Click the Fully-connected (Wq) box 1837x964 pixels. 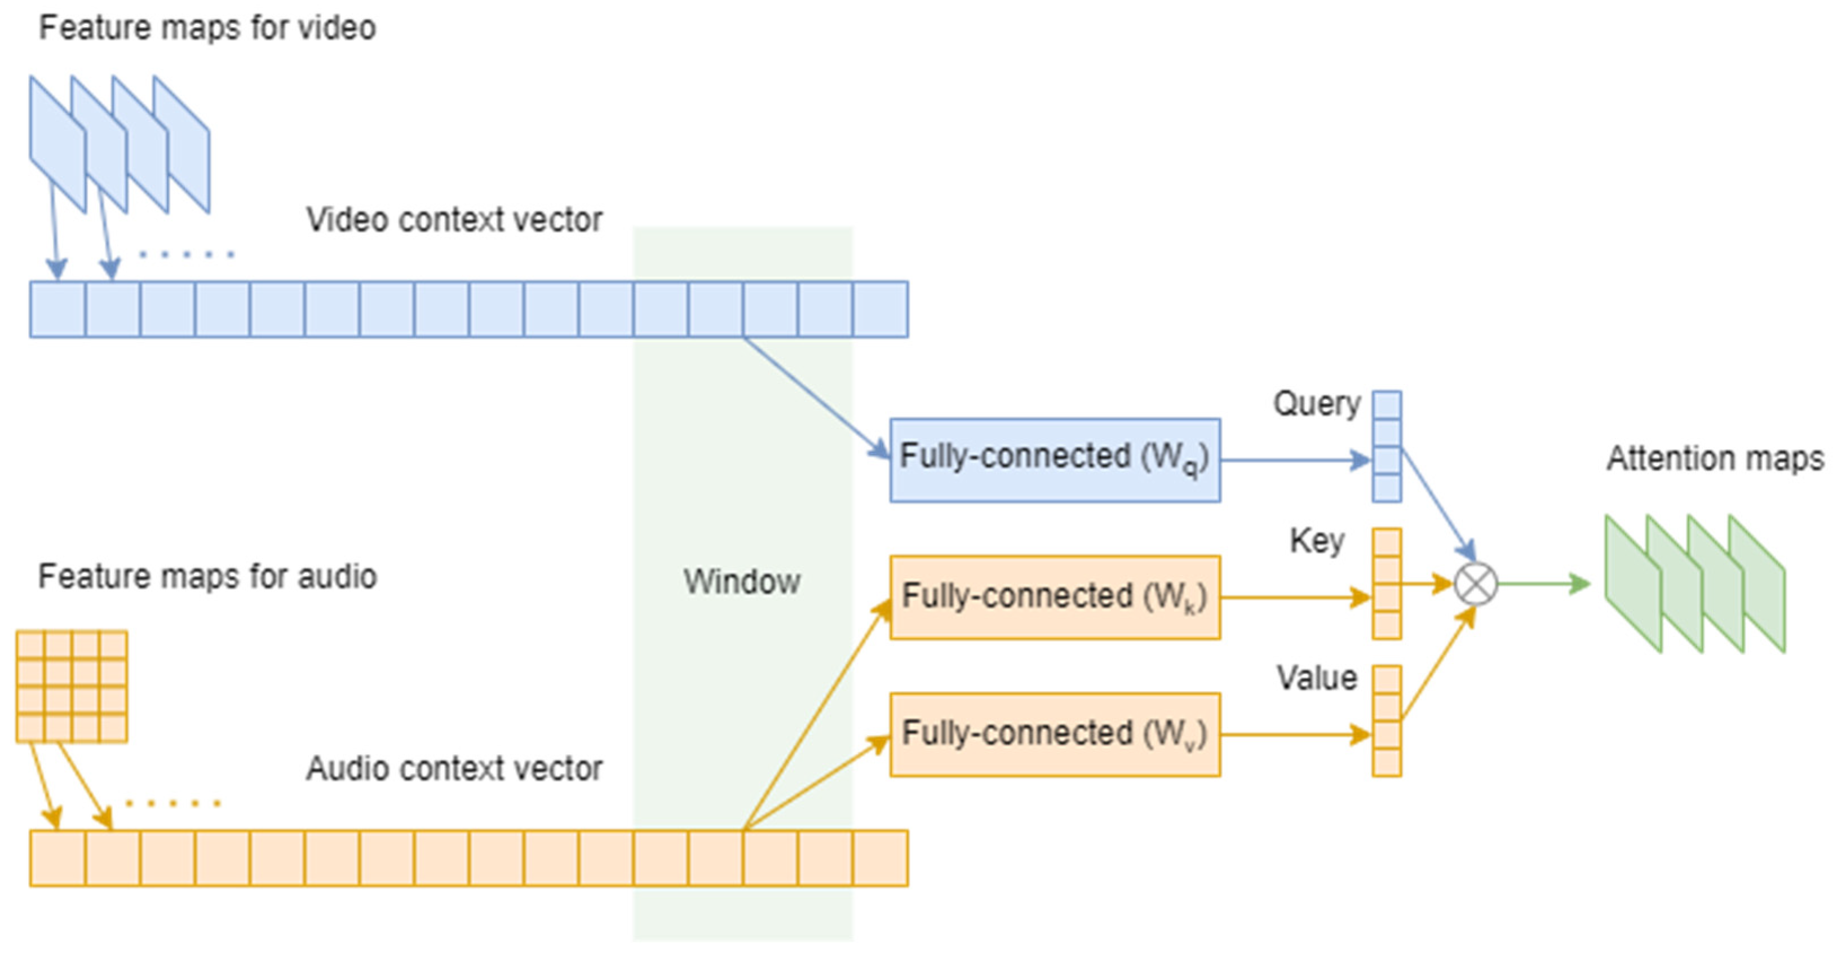tap(1054, 460)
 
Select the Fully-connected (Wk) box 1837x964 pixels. tap(1054, 598)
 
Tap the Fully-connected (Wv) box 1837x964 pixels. tap(1054, 735)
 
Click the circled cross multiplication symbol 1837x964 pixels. tap(1475, 584)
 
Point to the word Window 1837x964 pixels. tap(742, 582)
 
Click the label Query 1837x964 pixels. tap(1316, 404)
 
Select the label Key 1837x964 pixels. tap(1316, 541)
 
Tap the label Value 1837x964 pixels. tap(1316, 678)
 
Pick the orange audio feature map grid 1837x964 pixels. tap(72, 687)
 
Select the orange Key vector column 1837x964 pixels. tap(1386, 583)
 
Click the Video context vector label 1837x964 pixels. tap(454, 220)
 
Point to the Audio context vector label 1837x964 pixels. tap(454, 768)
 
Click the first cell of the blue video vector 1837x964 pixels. tap(57, 309)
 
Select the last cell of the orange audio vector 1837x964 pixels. tap(880, 859)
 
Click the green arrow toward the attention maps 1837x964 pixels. tap(1543, 584)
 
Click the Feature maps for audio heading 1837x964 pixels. tap(207, 577)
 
